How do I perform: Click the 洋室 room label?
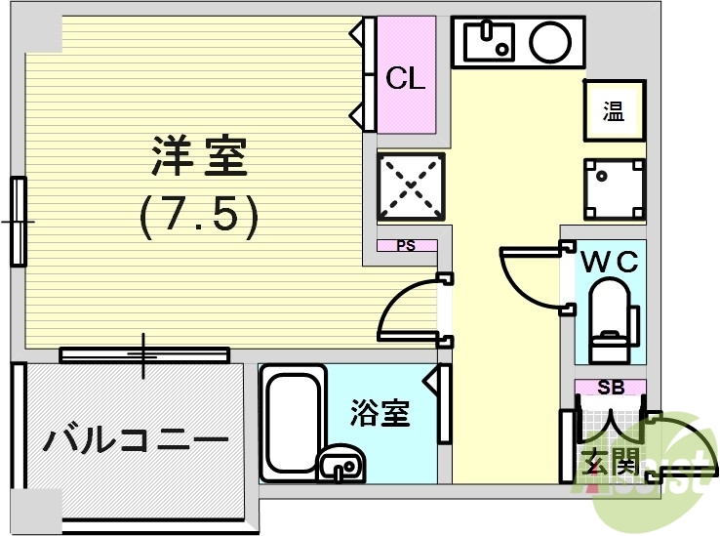tap(199, 156)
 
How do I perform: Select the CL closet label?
tap(406, 79)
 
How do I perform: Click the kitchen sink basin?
tap(488, 41)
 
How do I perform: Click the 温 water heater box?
tap(613, 111)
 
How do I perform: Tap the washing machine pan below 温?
tap(614, 188)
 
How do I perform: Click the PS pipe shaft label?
tap(405, 246)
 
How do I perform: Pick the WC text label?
tap(610, 262)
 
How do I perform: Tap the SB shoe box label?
tap(610, 388)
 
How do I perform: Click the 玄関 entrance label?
tap(609, 460)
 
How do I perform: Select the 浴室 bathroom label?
tap(380, 414)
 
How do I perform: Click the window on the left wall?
tap(19, 222)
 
